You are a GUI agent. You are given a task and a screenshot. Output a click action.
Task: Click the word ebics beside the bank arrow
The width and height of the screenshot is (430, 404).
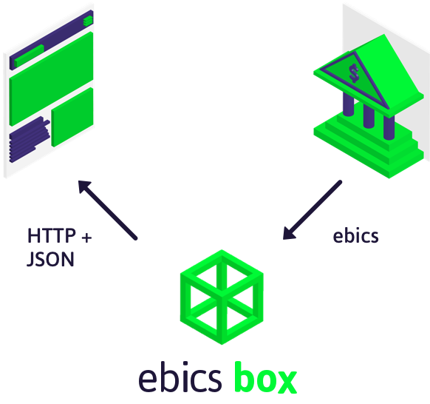(x=355, y=236)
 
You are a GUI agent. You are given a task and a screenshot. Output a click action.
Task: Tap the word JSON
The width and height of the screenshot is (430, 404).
(x=50, y=260)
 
